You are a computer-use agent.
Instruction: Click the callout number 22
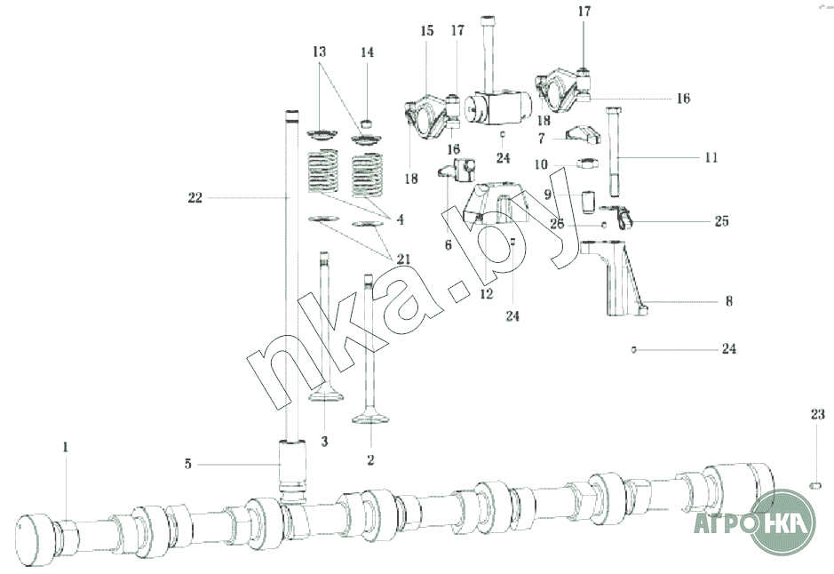pos(195,197)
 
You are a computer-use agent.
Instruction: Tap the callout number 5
pos(187,464)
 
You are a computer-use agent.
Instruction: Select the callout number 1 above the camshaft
pos(66,447)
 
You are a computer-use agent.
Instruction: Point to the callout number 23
pos(817,414)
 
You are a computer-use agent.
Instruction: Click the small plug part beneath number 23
pos(814,484)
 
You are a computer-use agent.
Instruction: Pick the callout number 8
pos(728,301)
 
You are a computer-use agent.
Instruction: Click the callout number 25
pos(721,220)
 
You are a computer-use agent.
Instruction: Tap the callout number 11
pos(711,157)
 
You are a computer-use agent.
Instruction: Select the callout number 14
pos(367,52)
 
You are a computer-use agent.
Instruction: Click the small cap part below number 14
pos(367,125)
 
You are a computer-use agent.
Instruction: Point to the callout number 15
pos(427,30)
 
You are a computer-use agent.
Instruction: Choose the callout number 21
pos(402,259)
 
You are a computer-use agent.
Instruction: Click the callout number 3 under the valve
pos(324,441)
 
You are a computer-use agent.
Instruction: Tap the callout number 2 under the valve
pos(370,459)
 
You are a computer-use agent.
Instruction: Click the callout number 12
pos(486,293)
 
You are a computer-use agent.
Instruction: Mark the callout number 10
pos(540,164)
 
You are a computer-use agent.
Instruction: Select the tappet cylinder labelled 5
pos(292,466)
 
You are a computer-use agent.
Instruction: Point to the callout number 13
pos(319,52)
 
